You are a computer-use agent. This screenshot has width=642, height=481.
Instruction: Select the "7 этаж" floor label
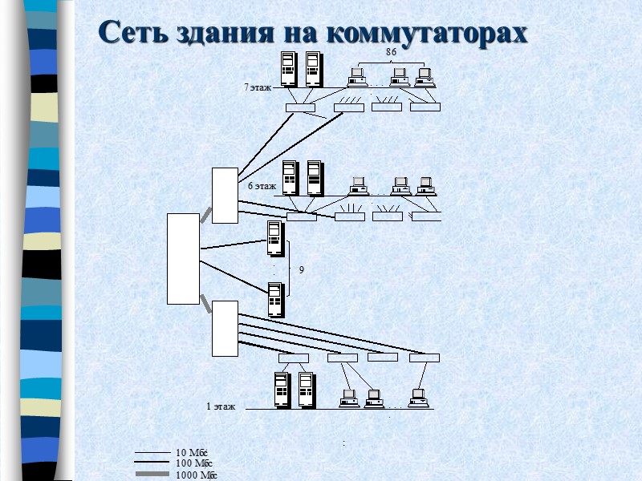tap(258, 87)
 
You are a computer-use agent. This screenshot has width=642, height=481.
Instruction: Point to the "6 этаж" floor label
tap(262, 186)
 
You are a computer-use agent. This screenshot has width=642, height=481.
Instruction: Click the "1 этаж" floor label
tap(221, 406)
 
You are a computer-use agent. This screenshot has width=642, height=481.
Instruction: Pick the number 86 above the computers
tap(392, 52)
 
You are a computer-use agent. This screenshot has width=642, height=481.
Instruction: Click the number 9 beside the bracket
tap(302, 271)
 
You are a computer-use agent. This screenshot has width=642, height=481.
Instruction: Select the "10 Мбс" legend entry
tap(192, 453)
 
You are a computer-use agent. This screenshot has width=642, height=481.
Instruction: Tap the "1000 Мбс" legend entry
tap(197, 475)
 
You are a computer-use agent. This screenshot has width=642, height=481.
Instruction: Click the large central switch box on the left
tap(183, 259)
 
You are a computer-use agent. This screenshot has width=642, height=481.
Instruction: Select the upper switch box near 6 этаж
tap(225, 195)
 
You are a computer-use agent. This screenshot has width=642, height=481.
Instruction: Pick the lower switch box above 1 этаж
tap(225, 328)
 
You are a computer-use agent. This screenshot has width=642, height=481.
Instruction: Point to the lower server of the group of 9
tap(274, 297)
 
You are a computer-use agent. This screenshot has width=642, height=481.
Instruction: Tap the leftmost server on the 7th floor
tap(288, 69)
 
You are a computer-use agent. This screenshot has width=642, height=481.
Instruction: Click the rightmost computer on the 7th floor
tap(425, 77)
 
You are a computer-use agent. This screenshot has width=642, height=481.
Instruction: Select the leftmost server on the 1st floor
tap(281, 390)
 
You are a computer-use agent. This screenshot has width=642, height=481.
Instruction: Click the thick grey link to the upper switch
tap(205, 214)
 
